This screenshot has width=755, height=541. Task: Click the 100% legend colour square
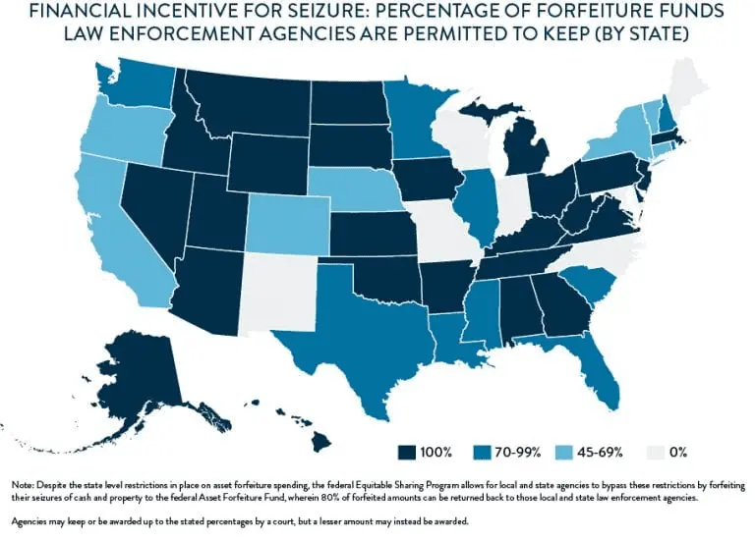tap(405, 452)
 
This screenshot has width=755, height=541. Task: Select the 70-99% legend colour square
tap(481, 452)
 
